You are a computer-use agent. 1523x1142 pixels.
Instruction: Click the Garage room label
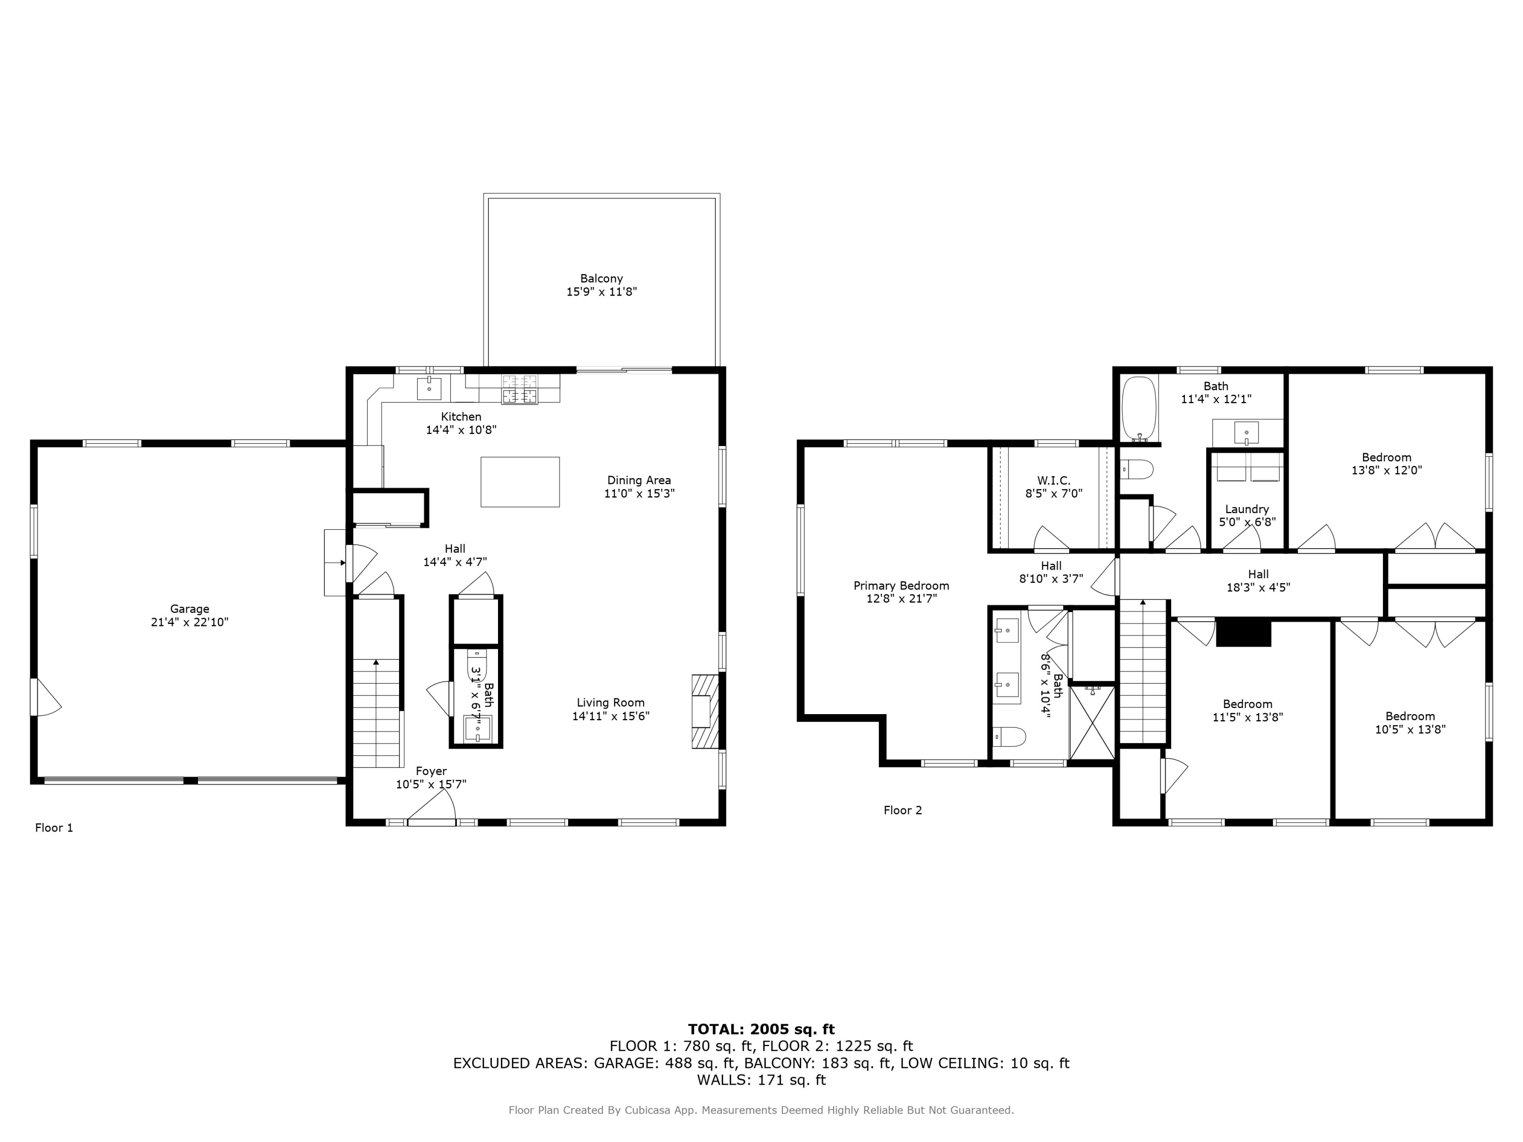[189, 609]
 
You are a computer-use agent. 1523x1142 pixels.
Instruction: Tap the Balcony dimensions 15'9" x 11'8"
[601, 292]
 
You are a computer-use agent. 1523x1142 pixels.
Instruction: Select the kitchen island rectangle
[520, 482]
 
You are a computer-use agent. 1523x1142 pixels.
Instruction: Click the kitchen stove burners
[520, 389]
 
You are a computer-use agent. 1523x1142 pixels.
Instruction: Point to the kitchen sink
[428, 388]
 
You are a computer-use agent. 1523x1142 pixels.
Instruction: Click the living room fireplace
[704, 711]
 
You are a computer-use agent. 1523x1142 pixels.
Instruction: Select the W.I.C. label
[1053, 481]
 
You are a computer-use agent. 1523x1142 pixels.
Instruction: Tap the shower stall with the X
[1092, 723]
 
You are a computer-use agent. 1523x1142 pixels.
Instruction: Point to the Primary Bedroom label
[901, 586]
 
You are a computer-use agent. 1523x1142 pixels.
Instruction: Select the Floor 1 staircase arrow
[376, 663]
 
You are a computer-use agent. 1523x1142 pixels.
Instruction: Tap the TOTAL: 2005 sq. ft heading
[761, 1029]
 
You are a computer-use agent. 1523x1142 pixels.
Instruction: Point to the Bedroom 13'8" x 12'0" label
[1386, 458]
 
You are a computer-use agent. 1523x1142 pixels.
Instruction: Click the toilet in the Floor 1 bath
[477, 665]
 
